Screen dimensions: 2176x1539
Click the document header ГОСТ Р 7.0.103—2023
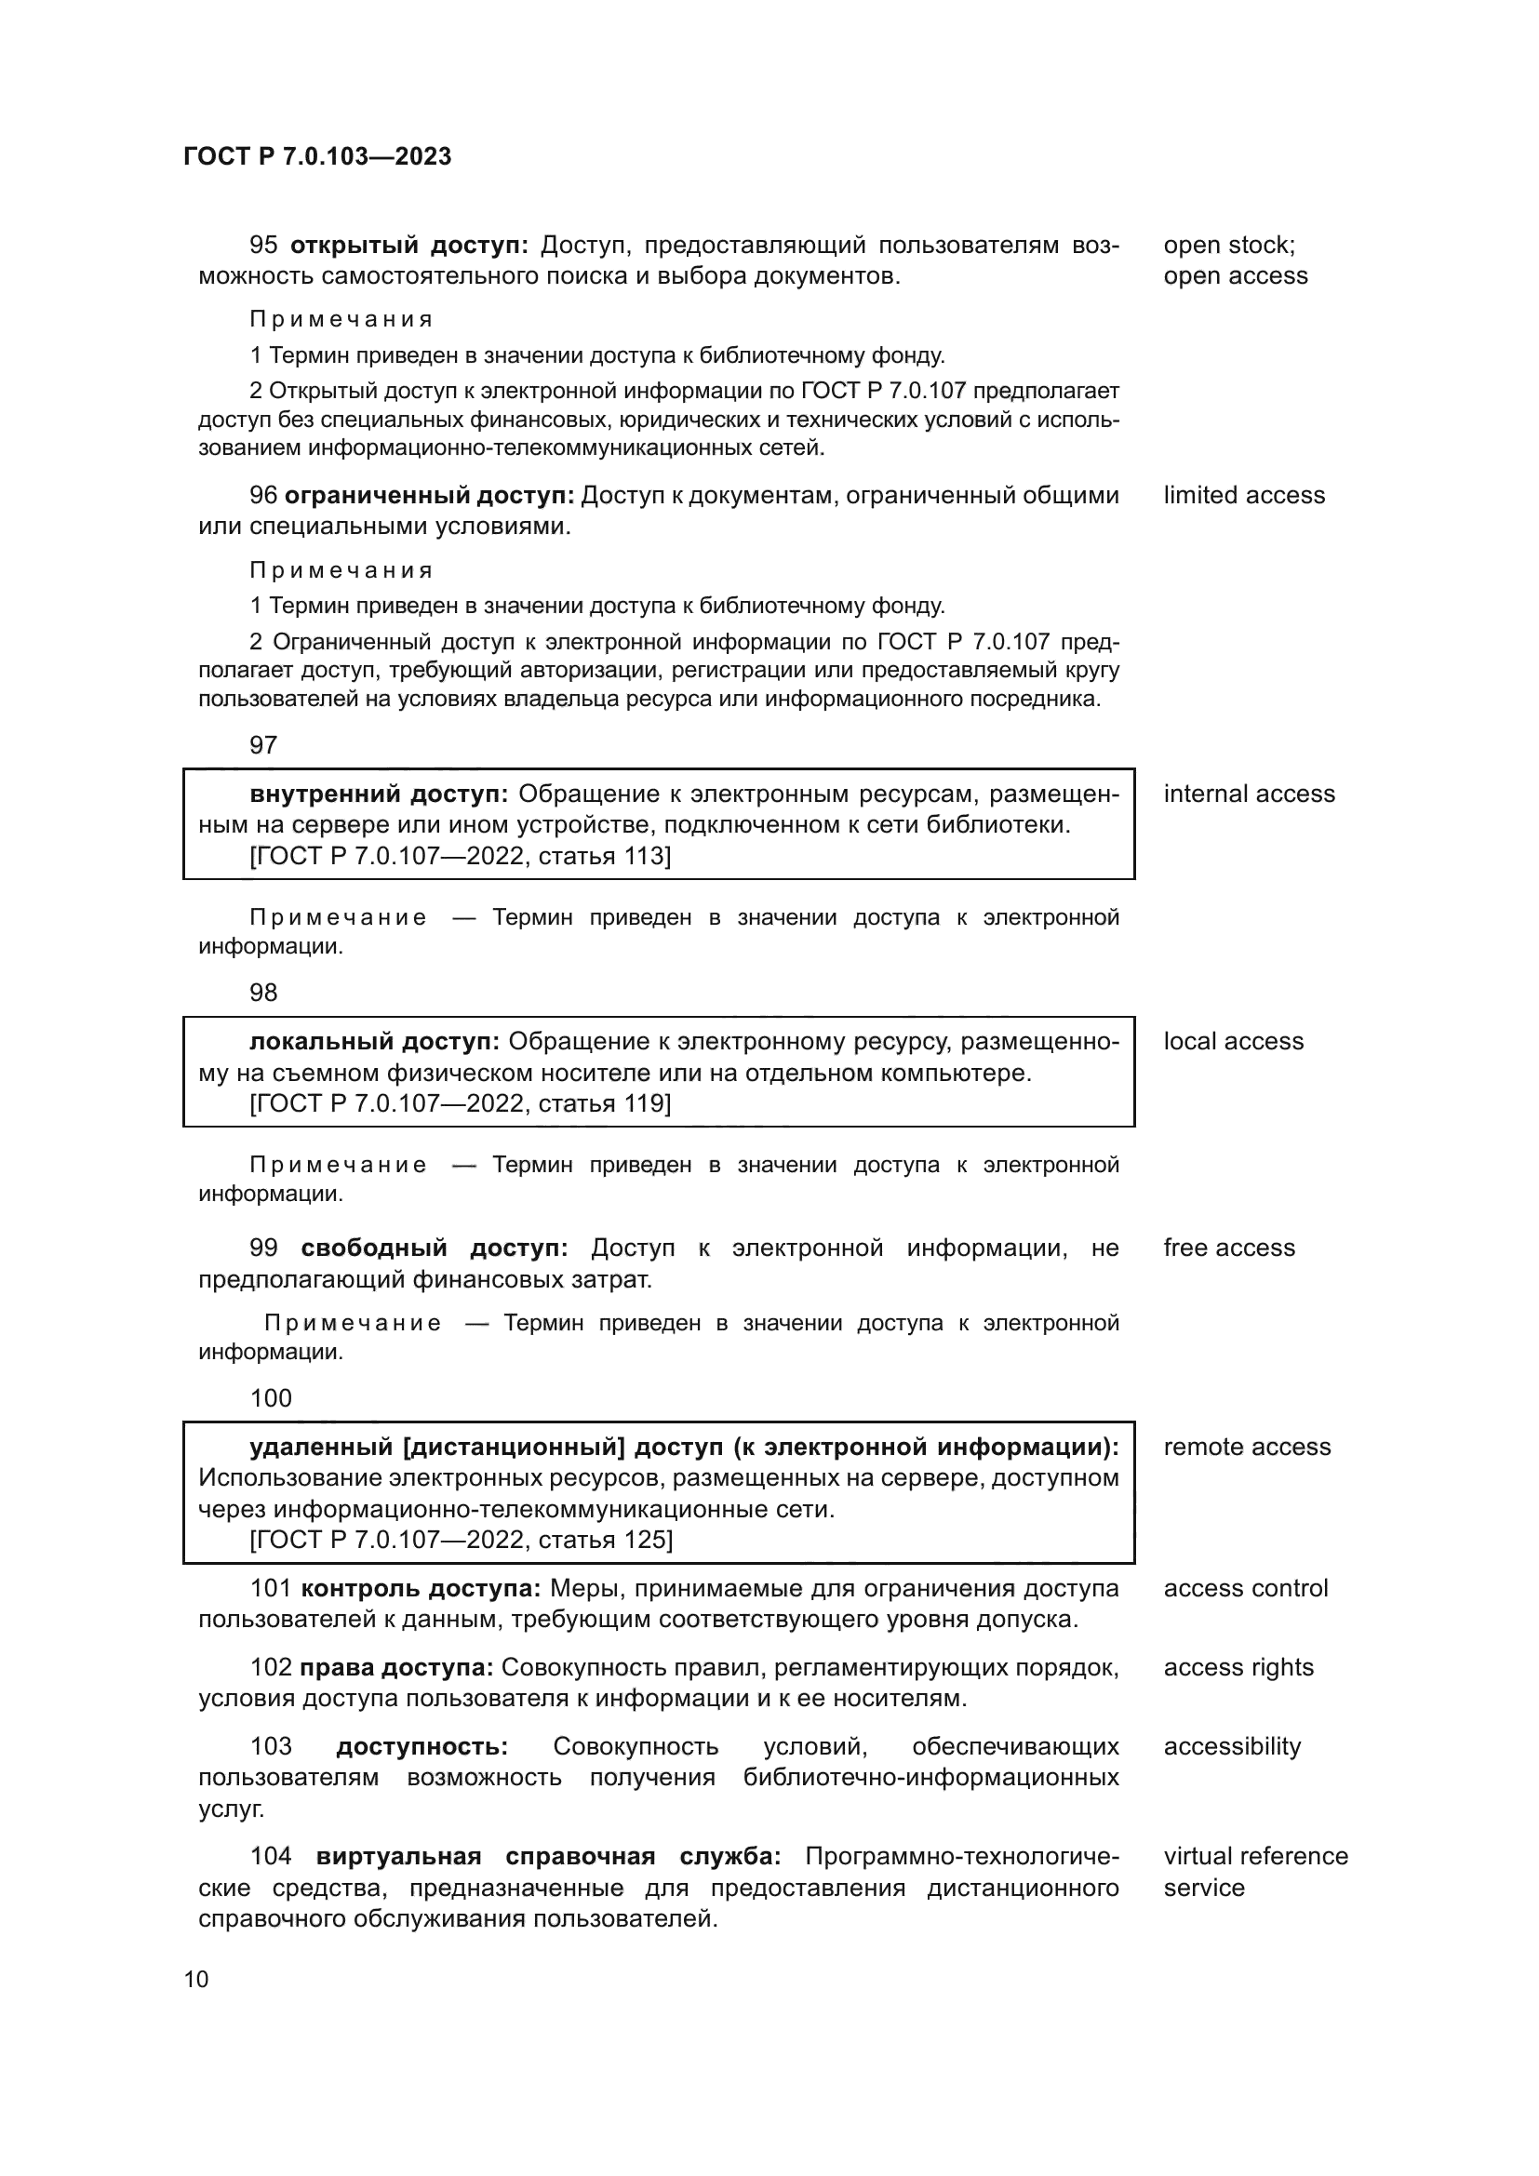pyautogui.click(x=317, y=156)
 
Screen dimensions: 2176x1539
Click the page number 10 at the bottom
pyautogui.click(x=196, y=1979)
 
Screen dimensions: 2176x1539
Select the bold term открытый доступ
pyautogui.click(x=408, y=246)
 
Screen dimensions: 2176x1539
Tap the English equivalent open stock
pyautogui.click(x=1228, y=246)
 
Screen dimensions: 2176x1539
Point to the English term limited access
pyautogui.click(x=1243, y=496)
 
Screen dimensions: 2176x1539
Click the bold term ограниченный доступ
pyautogui.click(x=429, y=496)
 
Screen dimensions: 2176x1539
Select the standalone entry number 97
pyautogui.click(x=263, y=745)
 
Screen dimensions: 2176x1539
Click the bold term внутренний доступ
pyautogui.click(x=379, y=794)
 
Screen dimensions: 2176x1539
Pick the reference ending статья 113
pyautogui.click(x=460, y=857)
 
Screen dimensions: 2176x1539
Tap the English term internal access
pyautogui.click(x=1248, y=794)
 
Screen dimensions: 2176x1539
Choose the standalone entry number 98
pyautogui.click(x=263, y=993)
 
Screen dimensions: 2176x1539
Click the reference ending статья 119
pyautogui.click(x=460, y=1104)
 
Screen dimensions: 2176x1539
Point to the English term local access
pyautogui.click(x=1233, y=1042)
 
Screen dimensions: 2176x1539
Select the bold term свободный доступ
pyautogui.click(x=434, y=1248)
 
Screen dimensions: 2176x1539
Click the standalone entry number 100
pyautogui.click(x=271, y=1399)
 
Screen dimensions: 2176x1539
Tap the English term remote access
pyautogui.click(x=1246, y=1448)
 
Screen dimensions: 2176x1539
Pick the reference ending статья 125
pyautogui.click(x=461, y=1540)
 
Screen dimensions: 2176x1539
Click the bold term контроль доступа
pyautogui.click(x=420, y=1588)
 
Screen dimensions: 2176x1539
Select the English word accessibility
pyautogui.click(x=1232, y=1747)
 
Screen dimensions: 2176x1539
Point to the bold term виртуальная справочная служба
pyautogui.click(x=548, y=1857)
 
